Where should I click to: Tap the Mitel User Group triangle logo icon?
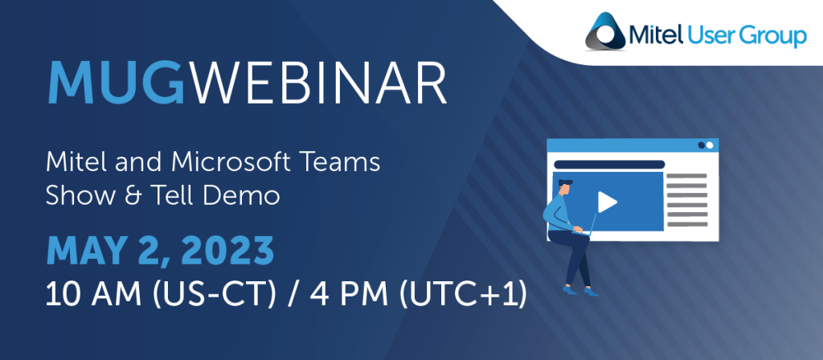[605, 31]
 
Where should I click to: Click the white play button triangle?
[606, 202]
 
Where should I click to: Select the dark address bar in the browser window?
[609, 164]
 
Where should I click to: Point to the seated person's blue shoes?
[580, 289]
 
